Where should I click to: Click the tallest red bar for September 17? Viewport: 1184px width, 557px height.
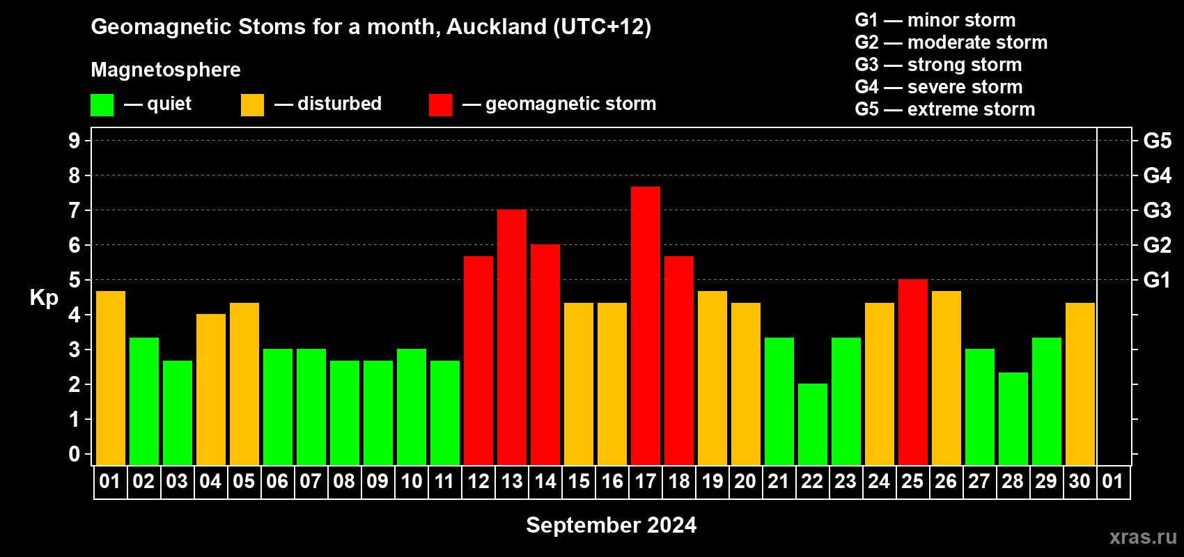(646, 326)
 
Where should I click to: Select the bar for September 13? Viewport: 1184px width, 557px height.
(512, 337)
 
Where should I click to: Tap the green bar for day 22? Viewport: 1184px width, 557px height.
(812, 424)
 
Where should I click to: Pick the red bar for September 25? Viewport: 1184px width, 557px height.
(913, 372)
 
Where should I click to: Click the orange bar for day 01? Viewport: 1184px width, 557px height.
(111, 378)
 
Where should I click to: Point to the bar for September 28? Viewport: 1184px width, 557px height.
(1013, 418)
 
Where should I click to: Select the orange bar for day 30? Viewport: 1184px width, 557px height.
(1080, 384)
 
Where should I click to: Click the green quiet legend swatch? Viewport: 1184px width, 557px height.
(102, 104)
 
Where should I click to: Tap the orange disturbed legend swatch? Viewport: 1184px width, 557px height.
(252, 104)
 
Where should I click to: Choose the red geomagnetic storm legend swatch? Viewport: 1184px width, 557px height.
(440, 104)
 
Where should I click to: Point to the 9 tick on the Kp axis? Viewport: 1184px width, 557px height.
(74, 141)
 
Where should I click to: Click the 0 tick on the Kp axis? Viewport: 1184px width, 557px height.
(74, 454)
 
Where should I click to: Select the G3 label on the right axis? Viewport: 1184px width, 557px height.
(1157, 210)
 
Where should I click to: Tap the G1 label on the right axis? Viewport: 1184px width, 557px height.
(1156, 280)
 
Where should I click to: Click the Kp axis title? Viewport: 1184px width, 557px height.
(44, 298)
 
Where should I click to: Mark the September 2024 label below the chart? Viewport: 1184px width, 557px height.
(611, 525)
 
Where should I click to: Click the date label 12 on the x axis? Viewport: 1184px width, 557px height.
(478, 481)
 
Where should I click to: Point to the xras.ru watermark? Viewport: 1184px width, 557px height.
(1143, 537)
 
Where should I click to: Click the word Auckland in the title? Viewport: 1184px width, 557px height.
(497, 26)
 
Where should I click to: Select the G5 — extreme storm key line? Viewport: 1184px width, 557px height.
(944, 109)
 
